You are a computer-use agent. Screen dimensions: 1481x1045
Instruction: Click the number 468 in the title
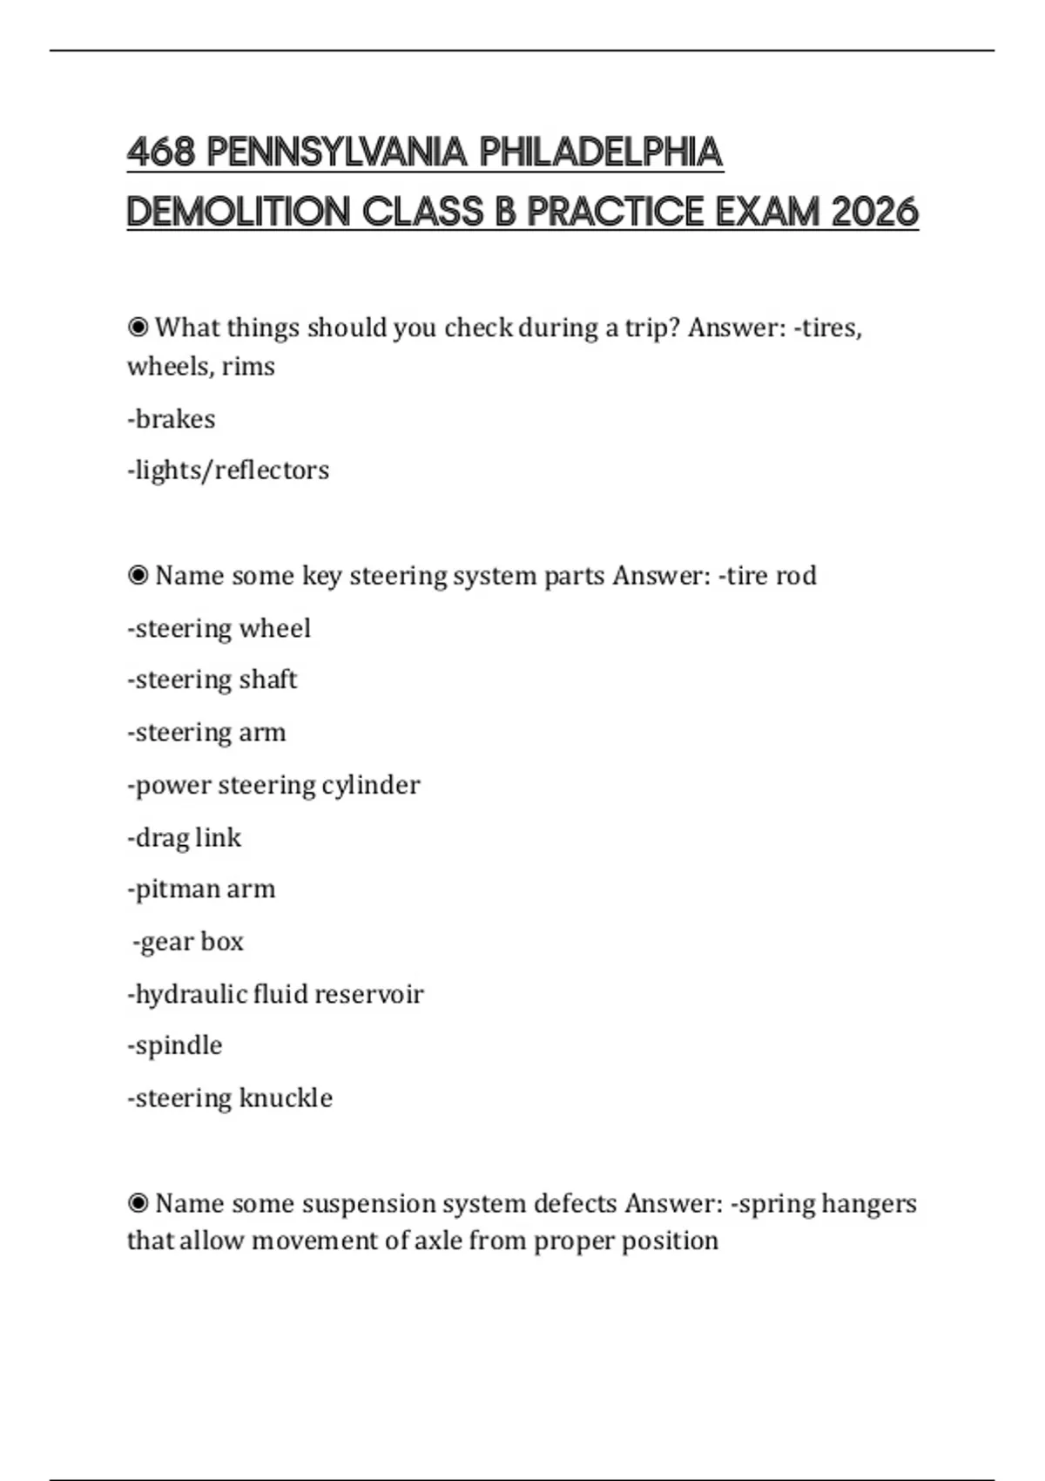[161, 152]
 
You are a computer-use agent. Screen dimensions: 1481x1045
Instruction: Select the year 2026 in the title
[874, 212]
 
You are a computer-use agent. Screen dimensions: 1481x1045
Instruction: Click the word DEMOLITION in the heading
[238, 212]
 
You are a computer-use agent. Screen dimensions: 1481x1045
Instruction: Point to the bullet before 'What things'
[138, 328]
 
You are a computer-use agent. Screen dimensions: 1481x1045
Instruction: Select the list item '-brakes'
[172, 419]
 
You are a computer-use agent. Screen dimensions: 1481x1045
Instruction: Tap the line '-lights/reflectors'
[228, 470]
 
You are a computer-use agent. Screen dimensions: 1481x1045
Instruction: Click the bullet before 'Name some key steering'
[138, 576]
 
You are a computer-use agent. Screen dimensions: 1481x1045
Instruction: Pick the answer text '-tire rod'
[767, 576]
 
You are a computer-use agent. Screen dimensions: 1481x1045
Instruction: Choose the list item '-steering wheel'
[219, 628]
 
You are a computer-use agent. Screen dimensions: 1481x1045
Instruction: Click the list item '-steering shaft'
[212, 680]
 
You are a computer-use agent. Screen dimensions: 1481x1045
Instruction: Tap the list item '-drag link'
[185, 837]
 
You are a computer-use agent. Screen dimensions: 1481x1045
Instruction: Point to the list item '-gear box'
[188, 942]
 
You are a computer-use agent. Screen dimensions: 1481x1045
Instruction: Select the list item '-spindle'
[175, 1045]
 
